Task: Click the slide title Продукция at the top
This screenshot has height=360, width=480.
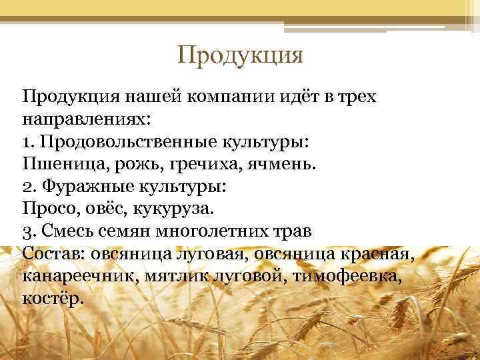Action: coord(240,54)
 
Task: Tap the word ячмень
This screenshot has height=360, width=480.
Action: coord(276,165)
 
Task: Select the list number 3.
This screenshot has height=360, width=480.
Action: coord(28,232)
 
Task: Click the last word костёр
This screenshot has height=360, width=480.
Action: coord(53,299)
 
